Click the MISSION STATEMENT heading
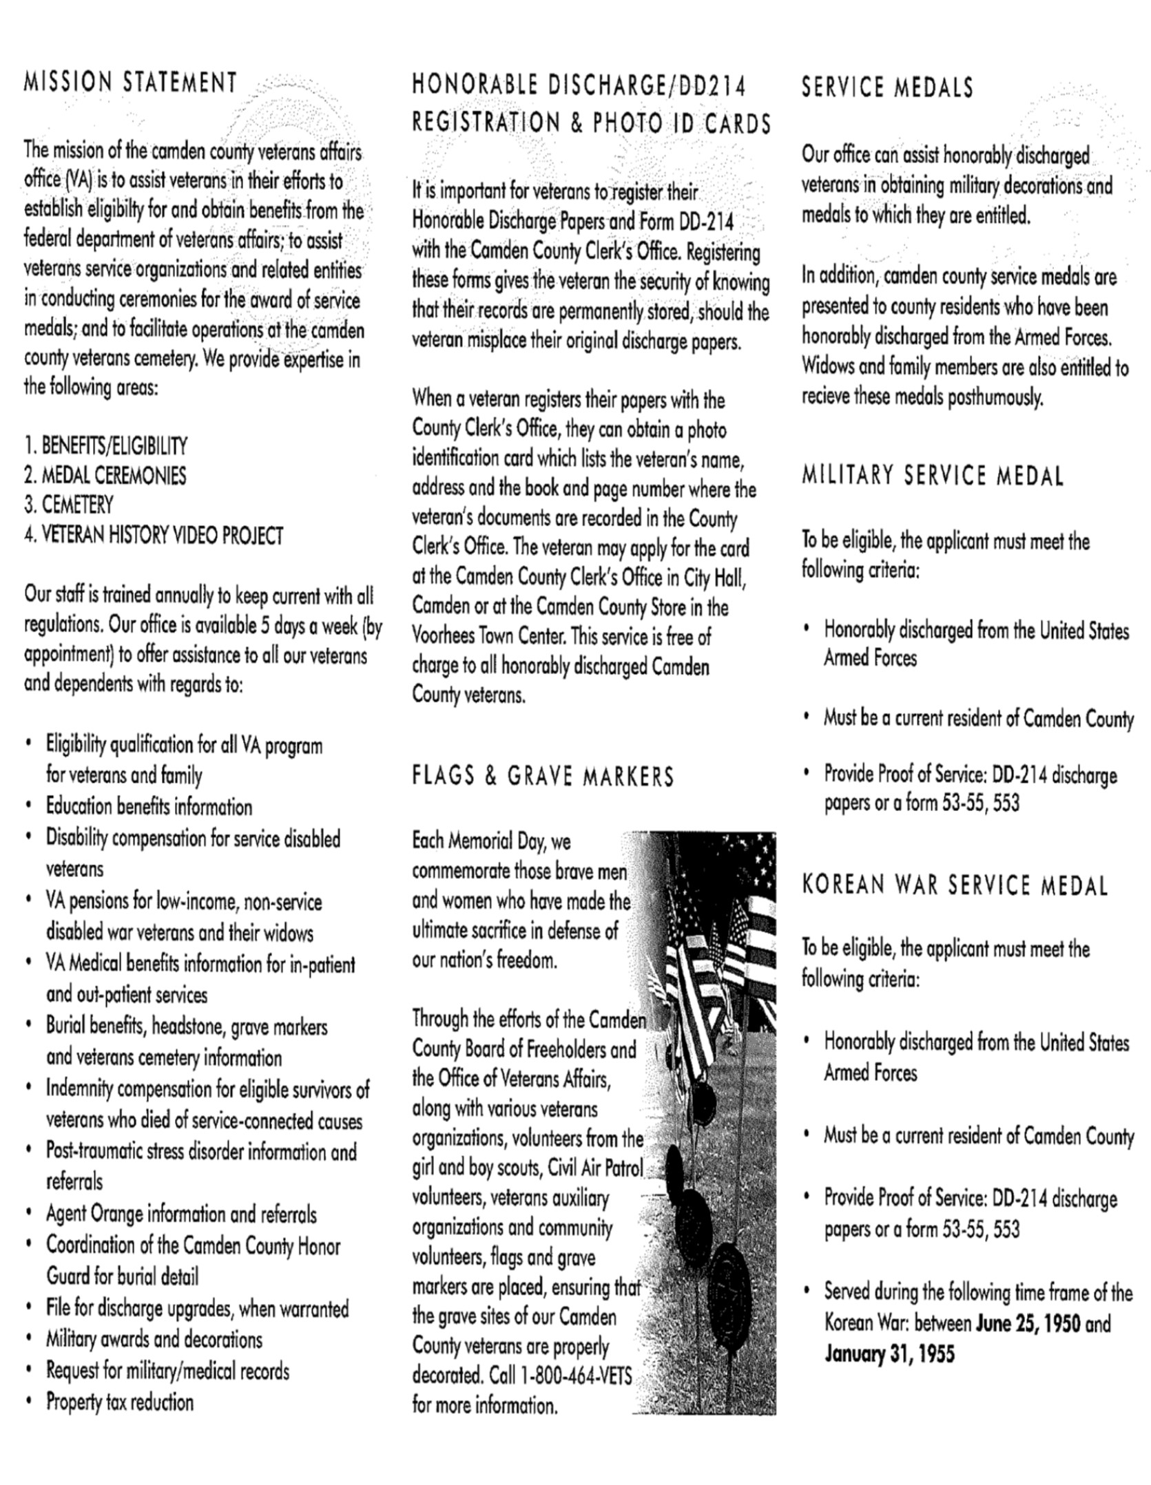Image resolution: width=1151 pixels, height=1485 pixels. [x=130, y=83]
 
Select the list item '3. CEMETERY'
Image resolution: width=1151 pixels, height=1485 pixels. [x=68, y=505]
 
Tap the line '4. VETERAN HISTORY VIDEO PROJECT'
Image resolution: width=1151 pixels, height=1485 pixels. [x=154, y=535]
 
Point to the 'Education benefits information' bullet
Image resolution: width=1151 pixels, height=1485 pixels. [x=149, y=806]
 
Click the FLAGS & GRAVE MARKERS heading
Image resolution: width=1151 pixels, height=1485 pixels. [x=543, y=777]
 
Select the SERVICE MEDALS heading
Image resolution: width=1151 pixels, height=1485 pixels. [x=887, y=87]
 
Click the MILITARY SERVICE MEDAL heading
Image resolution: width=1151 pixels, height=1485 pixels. [x=933, y=476]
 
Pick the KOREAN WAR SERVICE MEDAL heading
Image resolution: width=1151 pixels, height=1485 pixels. [x=955, y=885]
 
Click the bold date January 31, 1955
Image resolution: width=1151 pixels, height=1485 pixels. [x=889, y=1354]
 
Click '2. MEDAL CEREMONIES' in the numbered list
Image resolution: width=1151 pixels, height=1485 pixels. [x=105, y=475]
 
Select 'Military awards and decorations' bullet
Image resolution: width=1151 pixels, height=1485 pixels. [x=154, y=1339]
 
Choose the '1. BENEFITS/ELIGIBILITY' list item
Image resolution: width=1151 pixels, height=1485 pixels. [x=105, y=445]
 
